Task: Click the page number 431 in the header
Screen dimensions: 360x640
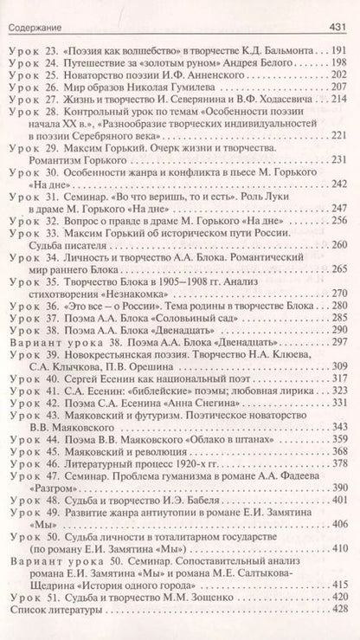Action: pos(340,10)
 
